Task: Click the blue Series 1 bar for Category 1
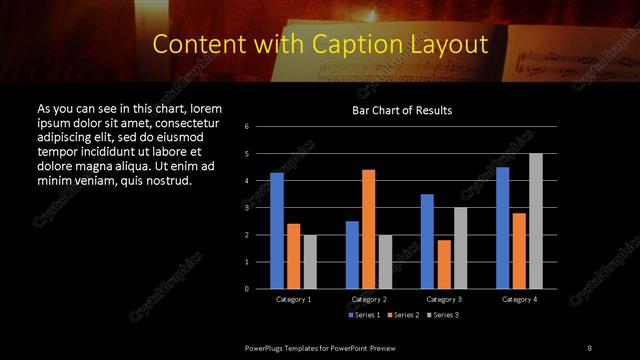tap(277, 231)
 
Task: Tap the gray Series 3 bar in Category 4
tap(536, 221)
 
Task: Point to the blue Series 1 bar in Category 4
tap(503, 228)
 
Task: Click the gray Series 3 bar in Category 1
tap(310, 262)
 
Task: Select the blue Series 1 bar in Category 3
tap(427, 241)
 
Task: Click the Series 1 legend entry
tap(363, 316)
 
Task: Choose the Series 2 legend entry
tap(402, 316)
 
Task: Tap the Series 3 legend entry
tap(441, 316)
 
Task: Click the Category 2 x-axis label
tap(369, 299)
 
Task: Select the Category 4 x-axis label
tap(519, 299)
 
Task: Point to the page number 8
tap(589, 347)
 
